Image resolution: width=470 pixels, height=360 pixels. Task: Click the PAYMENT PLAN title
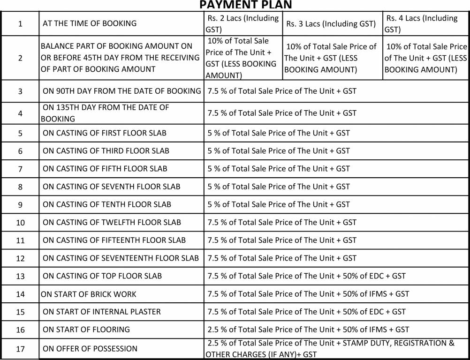[x=245, y=5]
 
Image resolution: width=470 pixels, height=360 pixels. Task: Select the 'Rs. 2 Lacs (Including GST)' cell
[x=243, y=23]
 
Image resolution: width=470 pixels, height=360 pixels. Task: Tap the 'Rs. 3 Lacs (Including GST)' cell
[x=331, y=24]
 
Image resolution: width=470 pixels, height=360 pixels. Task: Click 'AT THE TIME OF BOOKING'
[x=90, y=23]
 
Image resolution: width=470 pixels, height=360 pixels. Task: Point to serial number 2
[x=20, y=58]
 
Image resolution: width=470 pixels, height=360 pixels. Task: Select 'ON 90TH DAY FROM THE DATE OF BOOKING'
[x=122, y=91]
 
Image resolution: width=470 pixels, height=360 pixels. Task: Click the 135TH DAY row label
[x=106, y=113]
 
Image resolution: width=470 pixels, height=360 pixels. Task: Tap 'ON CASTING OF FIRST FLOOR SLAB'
[x=104, y=133]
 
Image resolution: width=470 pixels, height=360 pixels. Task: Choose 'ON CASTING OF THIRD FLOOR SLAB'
[x=106, y=151]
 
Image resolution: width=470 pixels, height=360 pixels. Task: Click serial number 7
[x=20, y=169]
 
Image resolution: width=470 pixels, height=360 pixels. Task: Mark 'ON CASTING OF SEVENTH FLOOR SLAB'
[x=111, y=187]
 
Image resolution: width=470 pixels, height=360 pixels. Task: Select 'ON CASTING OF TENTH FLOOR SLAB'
[x=107, y=204]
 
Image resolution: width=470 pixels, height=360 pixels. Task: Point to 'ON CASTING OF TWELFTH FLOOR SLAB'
[x=112, y=222]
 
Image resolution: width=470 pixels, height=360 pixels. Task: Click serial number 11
[x=20, y=240]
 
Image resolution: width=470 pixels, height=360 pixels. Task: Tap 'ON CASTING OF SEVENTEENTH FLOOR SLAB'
[x=121, y=258]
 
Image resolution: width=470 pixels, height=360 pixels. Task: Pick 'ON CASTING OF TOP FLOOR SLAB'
[x=102, y=276]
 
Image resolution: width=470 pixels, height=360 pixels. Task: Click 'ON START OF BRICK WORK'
[x=89, y=294]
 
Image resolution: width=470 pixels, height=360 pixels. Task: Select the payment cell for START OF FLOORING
[x=308, y=330]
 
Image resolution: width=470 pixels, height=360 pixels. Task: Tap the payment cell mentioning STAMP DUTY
[x=330, y=349]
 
